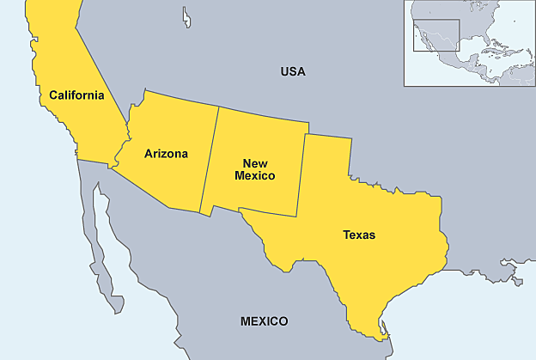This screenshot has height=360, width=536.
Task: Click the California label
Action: click(x=76, y=95)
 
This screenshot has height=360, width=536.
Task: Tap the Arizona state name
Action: click(x=166, y=155)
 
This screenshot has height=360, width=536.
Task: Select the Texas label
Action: click(x=359, y=235)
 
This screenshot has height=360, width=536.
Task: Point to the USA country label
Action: click(x=293, y=71)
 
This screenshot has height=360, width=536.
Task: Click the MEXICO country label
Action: click(x=264, y=321)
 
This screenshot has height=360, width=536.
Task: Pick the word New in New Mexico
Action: click(x=255, y=163)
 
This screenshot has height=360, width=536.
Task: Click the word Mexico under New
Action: click(x=255, y=175)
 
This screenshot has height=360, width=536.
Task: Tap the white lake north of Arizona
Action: click(x=186, y=17)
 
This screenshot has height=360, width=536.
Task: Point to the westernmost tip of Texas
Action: click(x=242, y=214)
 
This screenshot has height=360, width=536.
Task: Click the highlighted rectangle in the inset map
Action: click(x=436, y=39)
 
